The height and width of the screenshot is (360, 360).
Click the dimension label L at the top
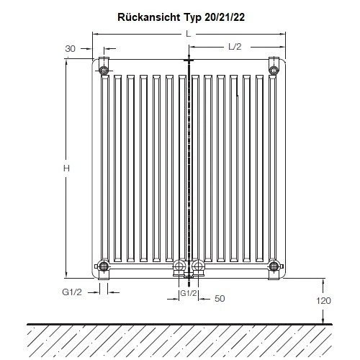point(188,34)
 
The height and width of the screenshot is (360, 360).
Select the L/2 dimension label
point(235,47)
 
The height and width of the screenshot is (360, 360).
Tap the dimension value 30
point(71,48)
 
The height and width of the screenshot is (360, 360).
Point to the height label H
point(66,168)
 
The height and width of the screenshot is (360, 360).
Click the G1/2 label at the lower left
point(71,291)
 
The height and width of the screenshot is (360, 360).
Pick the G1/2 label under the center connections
point(188,294)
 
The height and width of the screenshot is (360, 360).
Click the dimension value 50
point(220,297)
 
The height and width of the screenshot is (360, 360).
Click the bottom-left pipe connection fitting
point(104,269)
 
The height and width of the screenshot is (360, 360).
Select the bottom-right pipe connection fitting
point(274,269)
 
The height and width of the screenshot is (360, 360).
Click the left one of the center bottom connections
point(180,270)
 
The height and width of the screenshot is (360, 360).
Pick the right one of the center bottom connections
point(197,270)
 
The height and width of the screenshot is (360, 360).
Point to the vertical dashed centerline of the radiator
point(189,166)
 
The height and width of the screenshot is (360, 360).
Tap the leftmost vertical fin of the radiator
point(104,169)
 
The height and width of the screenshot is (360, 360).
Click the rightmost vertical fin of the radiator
point(273,169)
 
